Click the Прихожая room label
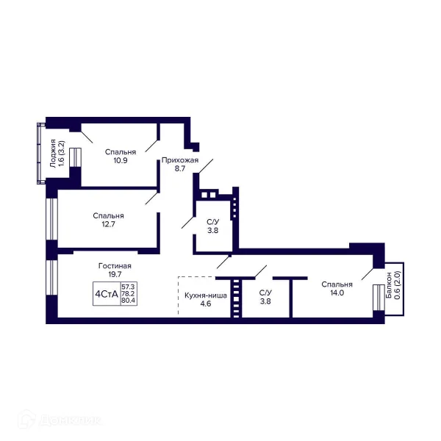(x=180, y=160)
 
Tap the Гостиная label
(x=115, y=266)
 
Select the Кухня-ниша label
(x=206, y=295)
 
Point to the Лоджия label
(x=53, y=154)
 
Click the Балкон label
(x=389, y=285)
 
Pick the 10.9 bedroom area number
(x=121, y=160)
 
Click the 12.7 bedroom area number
(x=108, y=224)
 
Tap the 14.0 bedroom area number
(x=337, y=293)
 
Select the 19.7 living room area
(x=115, y=274)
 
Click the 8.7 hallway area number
(x=180, y=168)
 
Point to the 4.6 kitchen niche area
(x=206, y=304)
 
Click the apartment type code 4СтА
(x=107, y=294)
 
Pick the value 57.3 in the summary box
(x=128, y=287)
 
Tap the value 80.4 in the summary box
(x=128, y=301)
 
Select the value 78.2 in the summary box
(x=128, y=293)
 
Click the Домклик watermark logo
(x=60, y=420)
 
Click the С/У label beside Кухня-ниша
(x=265, y=293)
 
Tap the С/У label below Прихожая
(x=213, y=222)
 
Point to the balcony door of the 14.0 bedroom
(x=379, y=298)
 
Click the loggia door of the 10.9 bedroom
(x=75, y=158)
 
